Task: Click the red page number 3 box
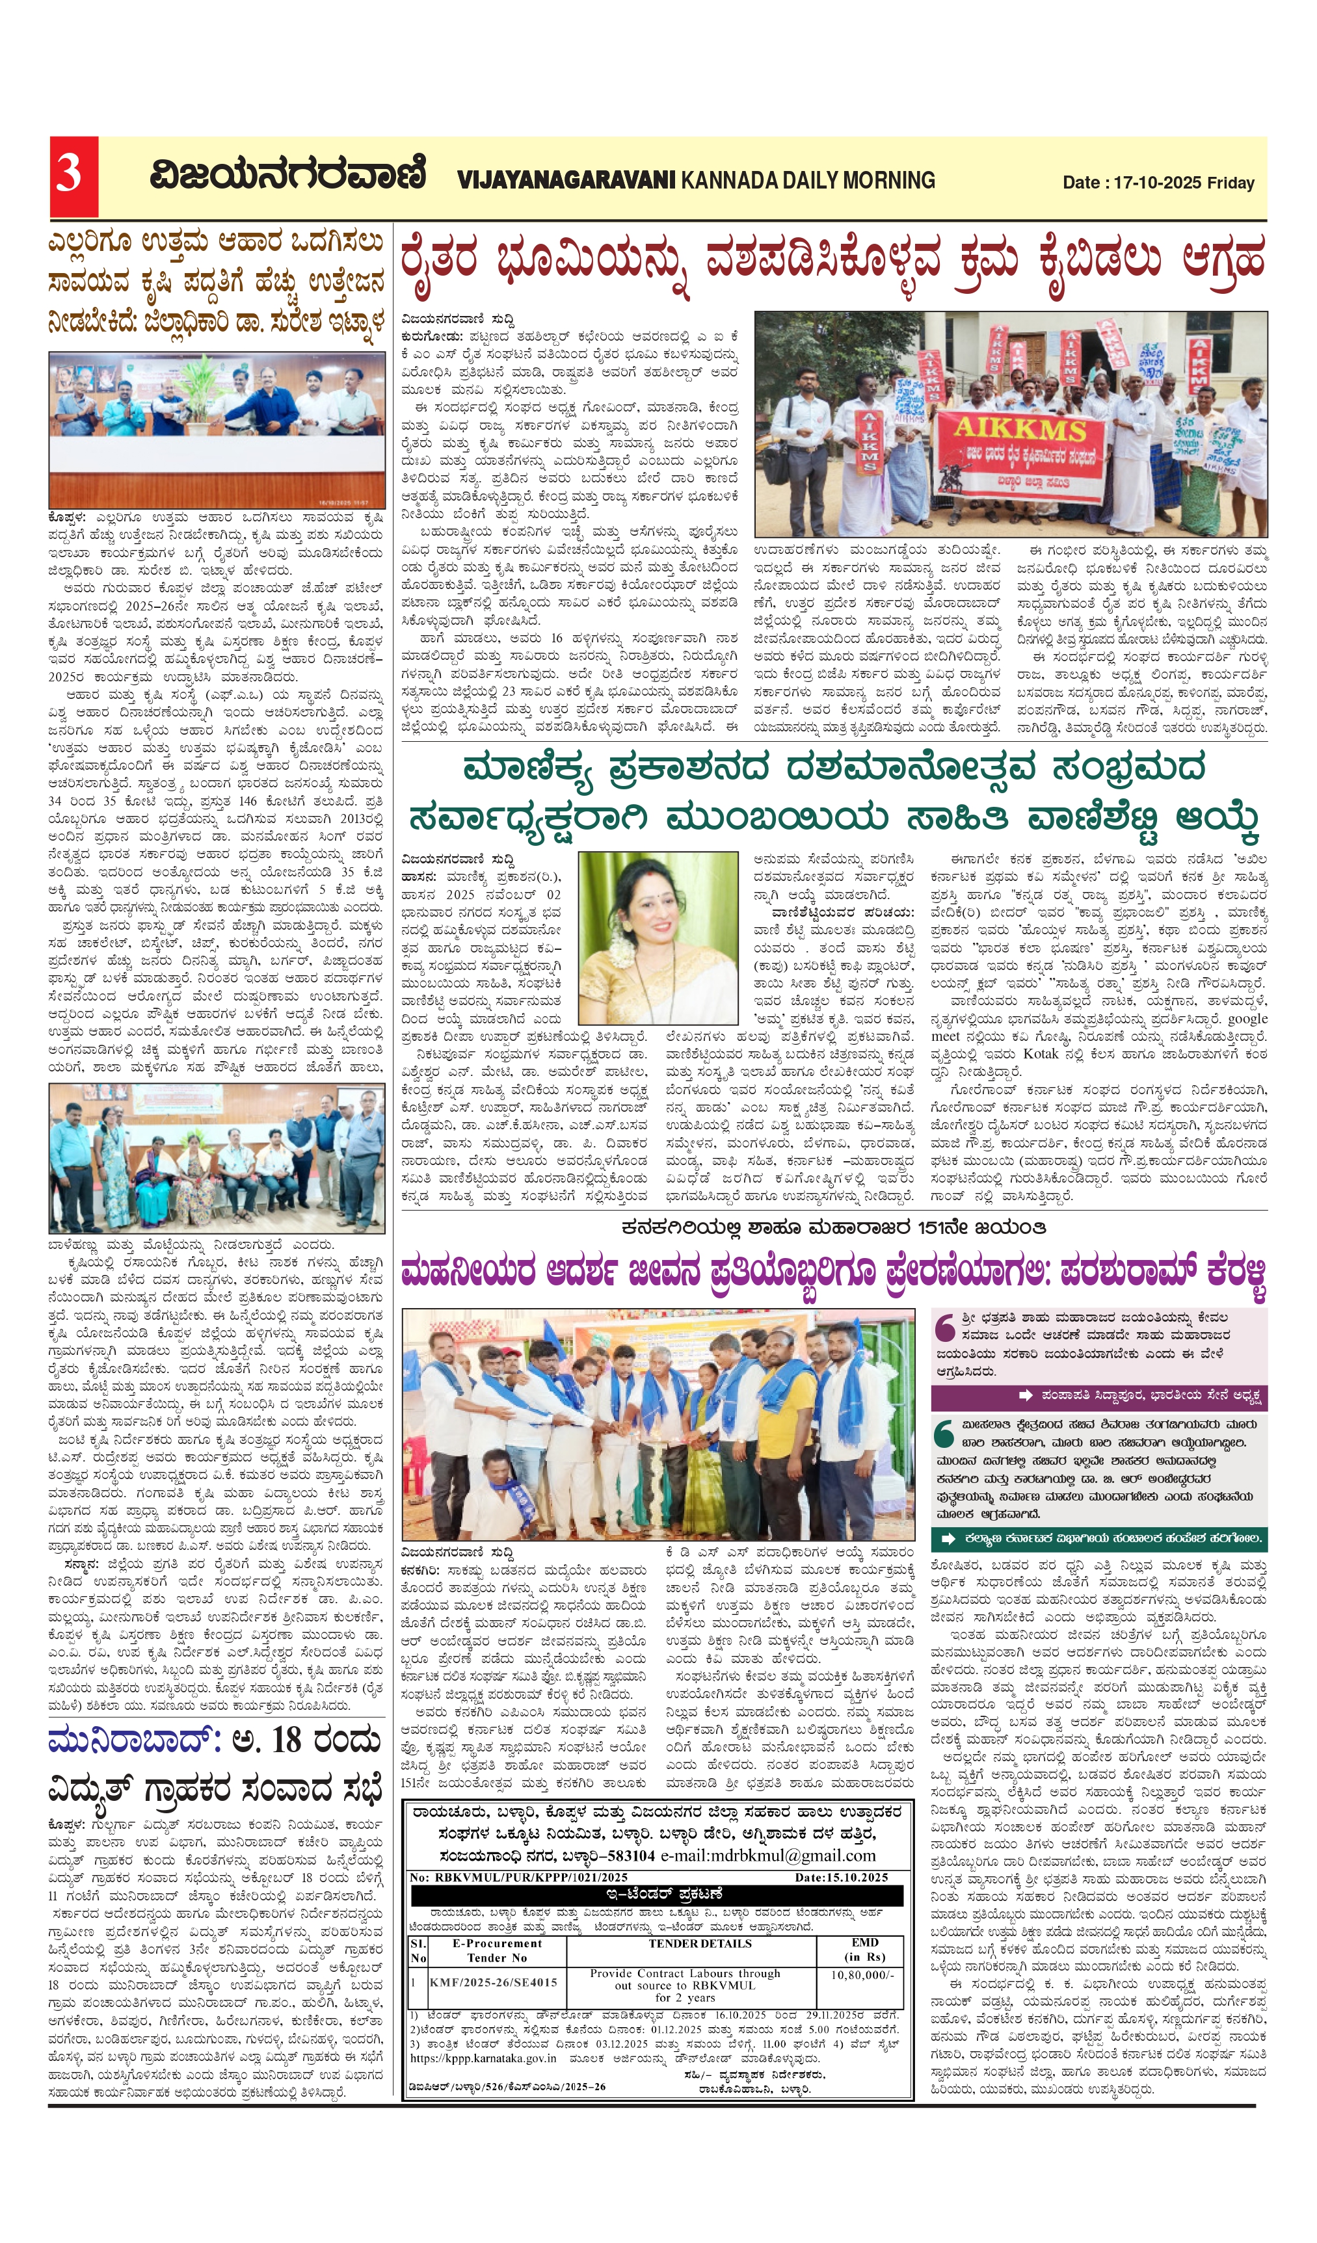pos(73,176)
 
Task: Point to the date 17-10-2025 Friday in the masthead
pos(1158,183)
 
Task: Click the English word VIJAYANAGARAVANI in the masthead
pos(566,181)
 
